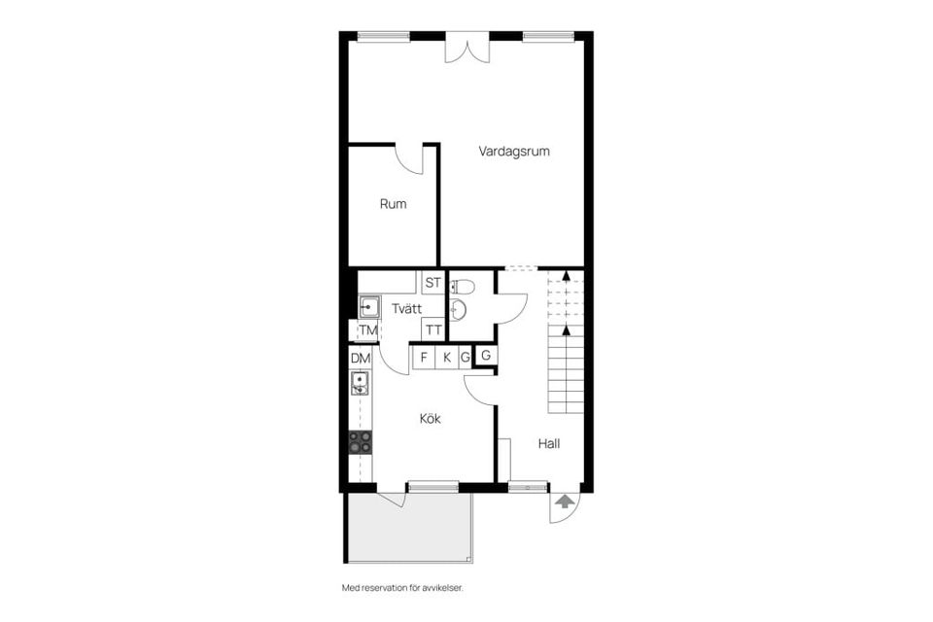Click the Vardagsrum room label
pyautogui.click(x=514, y=152)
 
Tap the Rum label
pyautogui.click(x=393, y=204)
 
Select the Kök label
pyautogui.click(x=431, y=419)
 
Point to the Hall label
pyautogui.click(x=549, y=443)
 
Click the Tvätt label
pyautogui.click(x=406, y=308)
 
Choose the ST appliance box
pyautogui.click(x=433, y=284)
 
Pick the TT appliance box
pyautogui.click(x=433, y=330)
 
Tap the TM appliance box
pyautogui.click(x=367, y=331)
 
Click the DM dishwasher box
pyautogui.click(x=361, y=359)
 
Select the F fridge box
pyautogui.click(x=424, y=358)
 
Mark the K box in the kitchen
pyautogui.click(x=447, y=358)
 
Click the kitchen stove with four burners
pyautogui.click(x=361, y=442)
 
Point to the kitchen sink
pyautogui.click(x=360, y=384)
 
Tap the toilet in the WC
pyautogui.click(x=462, y=287)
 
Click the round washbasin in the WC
pyautogui.click(x=459, y=310)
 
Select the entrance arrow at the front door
pyautogui.click(x=564, y=502)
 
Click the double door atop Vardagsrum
pyautogui.click(x=466, y=48)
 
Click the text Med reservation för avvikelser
pyautogui.click(x=409, y=588)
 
